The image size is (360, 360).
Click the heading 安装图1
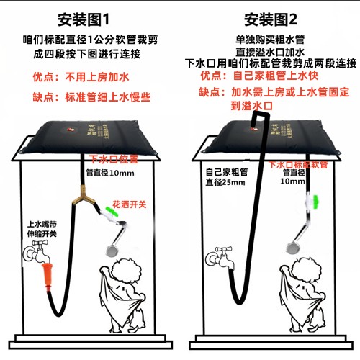[84, 19]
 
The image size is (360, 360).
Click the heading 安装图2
[271, 19]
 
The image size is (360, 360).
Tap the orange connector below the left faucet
[48, 276]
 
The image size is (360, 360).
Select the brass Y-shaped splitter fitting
[82, 195]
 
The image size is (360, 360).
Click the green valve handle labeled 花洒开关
[110, 210]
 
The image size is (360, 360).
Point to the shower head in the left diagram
[112, 250]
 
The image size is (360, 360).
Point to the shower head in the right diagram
[293, 248]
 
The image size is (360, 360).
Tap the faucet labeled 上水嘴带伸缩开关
[37, 253]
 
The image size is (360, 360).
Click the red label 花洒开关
[130, 204]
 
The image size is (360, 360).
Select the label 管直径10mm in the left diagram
[110, 173]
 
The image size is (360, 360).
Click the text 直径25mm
[225, 182]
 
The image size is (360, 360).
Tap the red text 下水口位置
[114, 159]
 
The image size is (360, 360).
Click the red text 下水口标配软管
[298, 165]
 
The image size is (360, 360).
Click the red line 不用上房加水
[97, 77]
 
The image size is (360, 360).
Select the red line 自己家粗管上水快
[276, 76]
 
